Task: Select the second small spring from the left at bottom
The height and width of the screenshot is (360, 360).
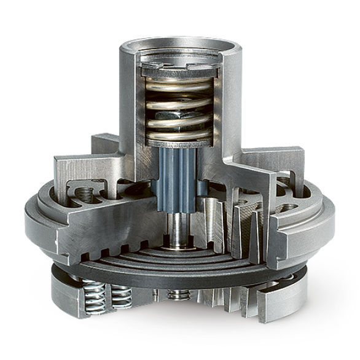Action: (x=120, y=295)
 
